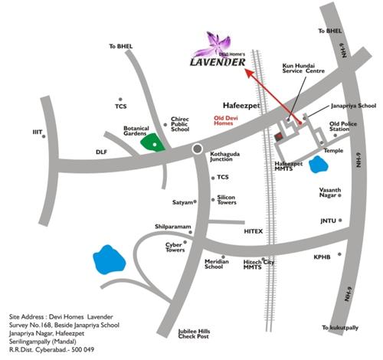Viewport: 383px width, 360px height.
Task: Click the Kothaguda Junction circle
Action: coord(198,148)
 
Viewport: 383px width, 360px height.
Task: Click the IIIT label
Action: coord(38,132)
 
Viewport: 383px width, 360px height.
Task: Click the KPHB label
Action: coord(322,257)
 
